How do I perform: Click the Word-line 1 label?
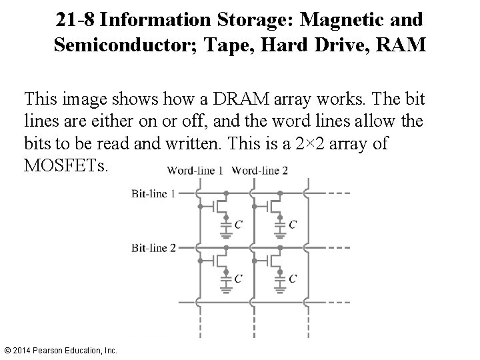(195, 171)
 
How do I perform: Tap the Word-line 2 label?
(260, 171)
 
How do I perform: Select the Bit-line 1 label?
(154, 193)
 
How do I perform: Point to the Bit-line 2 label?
(154, 248)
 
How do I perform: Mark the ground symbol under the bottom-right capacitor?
(279, 288)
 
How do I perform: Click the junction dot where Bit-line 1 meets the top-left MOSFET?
(226, 193)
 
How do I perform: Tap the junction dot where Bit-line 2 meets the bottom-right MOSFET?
(279, 248)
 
